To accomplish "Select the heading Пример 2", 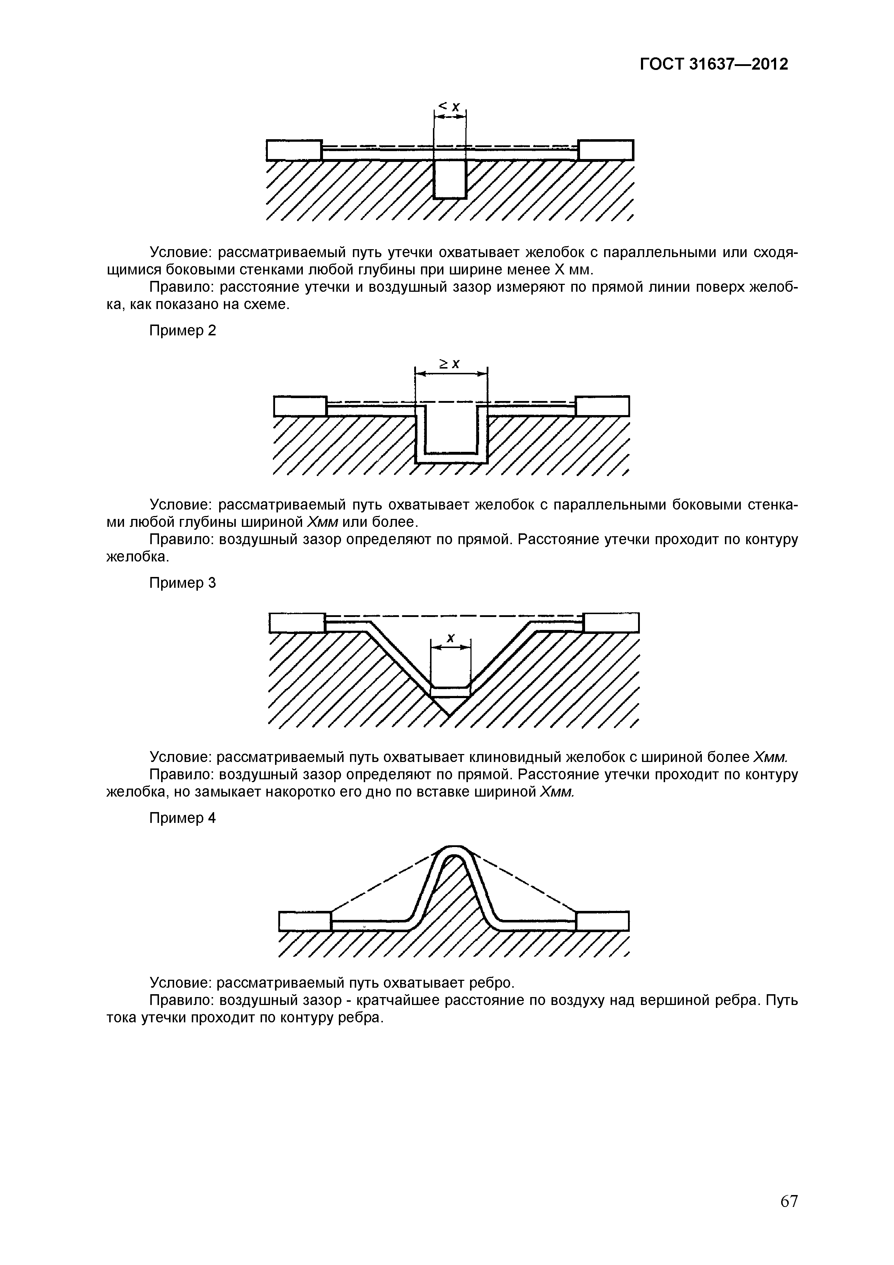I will coord(183,331).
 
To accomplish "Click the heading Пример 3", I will coord(183,583).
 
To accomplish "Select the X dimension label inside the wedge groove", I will coord(451,638).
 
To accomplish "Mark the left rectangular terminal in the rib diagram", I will coord(305,921).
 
